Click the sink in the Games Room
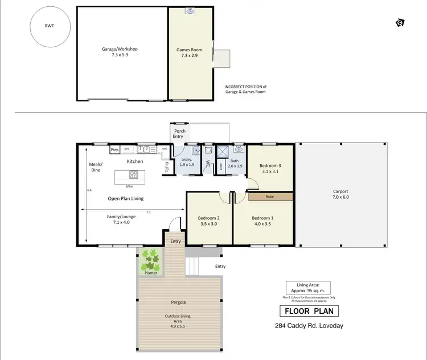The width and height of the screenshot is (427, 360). tap(191, 11)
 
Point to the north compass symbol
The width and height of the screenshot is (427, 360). tap(400, 23)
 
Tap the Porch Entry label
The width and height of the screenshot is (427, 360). tap(180, 134)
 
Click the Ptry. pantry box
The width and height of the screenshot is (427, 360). tap(114, 150)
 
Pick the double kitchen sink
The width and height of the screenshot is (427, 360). tap(147, 150)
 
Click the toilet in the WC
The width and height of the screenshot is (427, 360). tap(208, 151)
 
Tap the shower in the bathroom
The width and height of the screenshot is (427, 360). tap(223, 151)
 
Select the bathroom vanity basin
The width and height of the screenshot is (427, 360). tap(238, 150)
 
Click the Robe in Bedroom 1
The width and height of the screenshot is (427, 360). tap(270, 197)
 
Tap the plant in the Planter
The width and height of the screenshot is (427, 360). tap(151, 260)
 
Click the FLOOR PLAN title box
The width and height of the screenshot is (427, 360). tap(309, 311)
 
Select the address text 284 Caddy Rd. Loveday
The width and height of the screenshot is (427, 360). tap(309, 326)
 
